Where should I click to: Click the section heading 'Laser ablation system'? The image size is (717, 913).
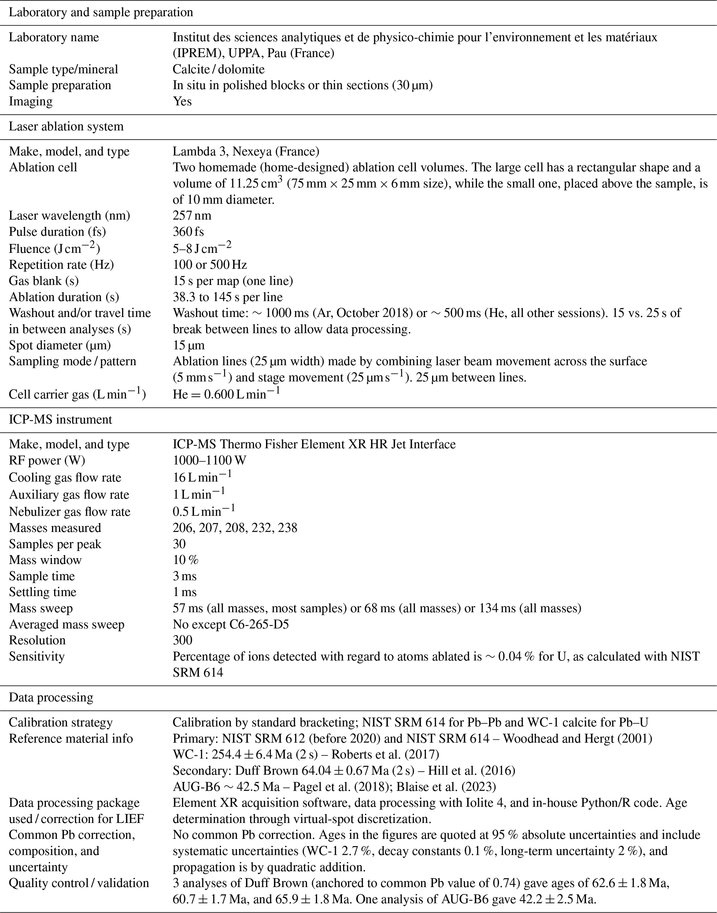click(66, 127)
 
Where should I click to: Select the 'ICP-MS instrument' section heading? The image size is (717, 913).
click(60, 420)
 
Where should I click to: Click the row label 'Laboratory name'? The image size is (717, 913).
click(54, 37)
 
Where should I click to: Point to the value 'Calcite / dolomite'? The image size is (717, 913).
click(218, 69)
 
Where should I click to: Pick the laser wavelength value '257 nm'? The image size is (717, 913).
click(192, 216)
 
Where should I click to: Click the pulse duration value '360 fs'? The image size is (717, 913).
click(188, 232)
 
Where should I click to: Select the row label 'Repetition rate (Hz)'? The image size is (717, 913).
click(61, 265)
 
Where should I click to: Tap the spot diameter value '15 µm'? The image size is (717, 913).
click(188, 345)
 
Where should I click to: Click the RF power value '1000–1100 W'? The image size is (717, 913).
click(209, 460)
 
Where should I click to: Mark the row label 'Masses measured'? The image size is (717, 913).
click(55, 528)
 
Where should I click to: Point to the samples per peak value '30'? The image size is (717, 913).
click(179, 544)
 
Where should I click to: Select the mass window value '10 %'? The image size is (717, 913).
click(185, 560)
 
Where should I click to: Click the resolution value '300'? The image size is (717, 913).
click(182, 640)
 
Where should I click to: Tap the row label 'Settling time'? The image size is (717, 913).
click(42, 592)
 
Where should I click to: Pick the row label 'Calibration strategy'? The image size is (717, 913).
click(60, 722)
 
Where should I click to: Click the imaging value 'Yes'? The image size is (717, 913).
click(182, 102)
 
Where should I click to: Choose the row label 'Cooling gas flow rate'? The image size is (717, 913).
click(65, 478)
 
